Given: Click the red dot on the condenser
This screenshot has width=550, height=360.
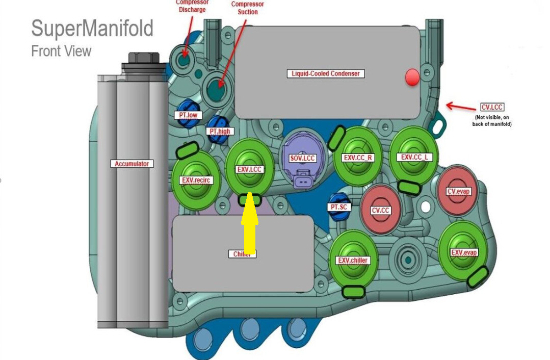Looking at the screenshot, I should pyautogui.click(x=412, y=78).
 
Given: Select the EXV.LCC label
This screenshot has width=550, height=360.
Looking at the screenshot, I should pyautogui.click(x=250, y=169).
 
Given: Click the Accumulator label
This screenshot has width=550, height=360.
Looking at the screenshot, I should pyautogui.click(x=132, y=164).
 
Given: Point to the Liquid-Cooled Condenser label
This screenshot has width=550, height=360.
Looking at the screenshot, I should pyautogui.click(x=326, y=73).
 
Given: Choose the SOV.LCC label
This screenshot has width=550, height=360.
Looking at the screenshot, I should pyautogui.click(x=303, y=159).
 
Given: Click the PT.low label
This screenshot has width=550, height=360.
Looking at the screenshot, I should pyautogui.click(x=188, y=115).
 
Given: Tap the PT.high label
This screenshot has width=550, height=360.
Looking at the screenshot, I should pyautogui.click(x=220, y=131).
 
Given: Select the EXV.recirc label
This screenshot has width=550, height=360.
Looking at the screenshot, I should pyautogui.click(x=196, y=180).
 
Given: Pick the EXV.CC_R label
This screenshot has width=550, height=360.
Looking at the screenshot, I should pyautogui.click(x=358, y=158).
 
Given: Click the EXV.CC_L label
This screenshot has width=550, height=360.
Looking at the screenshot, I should pyautogui.click(x=416, y=157).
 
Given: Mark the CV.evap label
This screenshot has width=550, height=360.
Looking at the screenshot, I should pyautogui.click(x=458, y=192).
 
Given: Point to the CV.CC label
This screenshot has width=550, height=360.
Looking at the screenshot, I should pyautogui.click(x=380, y=210).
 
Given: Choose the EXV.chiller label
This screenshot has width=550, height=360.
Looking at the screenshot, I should pyautogui.click(x=352, y=261).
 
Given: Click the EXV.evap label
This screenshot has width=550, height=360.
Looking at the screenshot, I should pyautogui.click(x=463, y=252).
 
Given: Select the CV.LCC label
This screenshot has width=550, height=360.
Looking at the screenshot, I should pyautogui.click(x=492, y=108).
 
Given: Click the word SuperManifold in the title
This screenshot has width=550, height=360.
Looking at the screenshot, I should pyautogui.click(x=92, y=29).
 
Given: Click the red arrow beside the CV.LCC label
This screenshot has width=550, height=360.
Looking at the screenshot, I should pyautogui.click(x=461, y=107).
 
